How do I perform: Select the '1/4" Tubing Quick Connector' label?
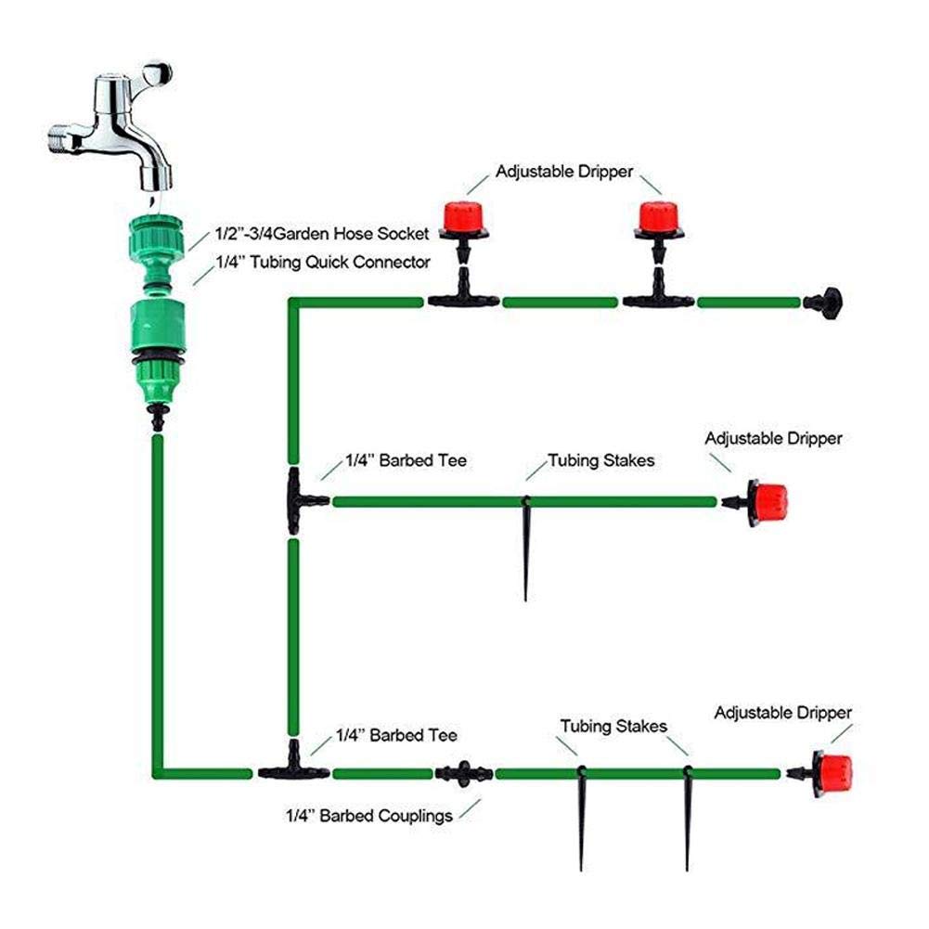(x=321, y=263)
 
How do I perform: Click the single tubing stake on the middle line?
(x=526, y=548)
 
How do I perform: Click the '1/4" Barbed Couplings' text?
(x=368, y=817)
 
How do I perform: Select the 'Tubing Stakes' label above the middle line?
(x=600, y=460)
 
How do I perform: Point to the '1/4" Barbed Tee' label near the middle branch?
(x=406, y=459)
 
